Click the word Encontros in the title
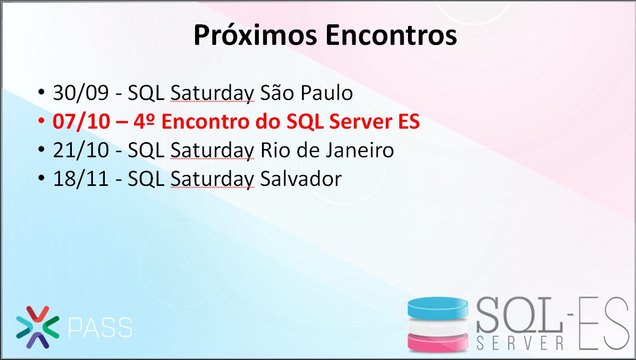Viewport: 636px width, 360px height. click(391, 35)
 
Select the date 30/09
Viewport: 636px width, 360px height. click(81, 93)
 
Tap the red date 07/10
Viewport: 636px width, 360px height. click(81, 122)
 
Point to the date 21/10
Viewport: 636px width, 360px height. click(81, 150)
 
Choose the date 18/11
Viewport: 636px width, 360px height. click(81, 179)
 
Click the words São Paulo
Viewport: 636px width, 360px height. click(306, 92)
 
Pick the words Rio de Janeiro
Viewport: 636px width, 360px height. click(327, 150)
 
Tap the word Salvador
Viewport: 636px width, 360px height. click(301, 179)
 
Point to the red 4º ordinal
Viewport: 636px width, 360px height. click(145, 122)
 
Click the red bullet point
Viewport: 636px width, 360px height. click(41, 121)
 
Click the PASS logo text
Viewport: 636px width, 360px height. click(100, 328)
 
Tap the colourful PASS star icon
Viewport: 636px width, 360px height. click(38, 327)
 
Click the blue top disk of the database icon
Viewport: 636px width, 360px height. click(438, 308)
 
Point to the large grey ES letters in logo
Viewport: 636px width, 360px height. click(604, 323)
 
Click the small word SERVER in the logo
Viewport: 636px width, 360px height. click(520, 343)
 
